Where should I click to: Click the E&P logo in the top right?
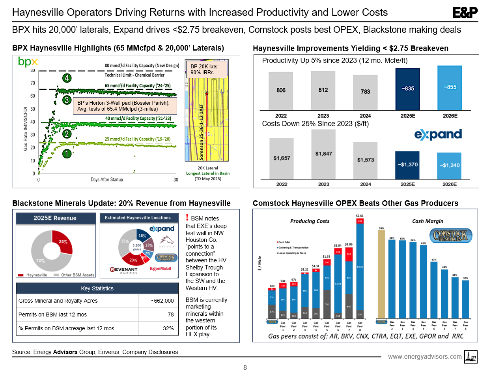tap(465, 13)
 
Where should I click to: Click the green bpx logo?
tap(28, 62)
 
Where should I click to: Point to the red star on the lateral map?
tap(206, 94)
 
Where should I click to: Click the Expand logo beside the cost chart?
tap(438, 134)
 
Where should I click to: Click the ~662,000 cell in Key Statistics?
tap(162, 301)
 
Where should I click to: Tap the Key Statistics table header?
tap(97, 288)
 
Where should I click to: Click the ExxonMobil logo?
tap(162, 269)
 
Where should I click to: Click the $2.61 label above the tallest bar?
tap(360, 216)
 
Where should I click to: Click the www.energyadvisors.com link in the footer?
tap(425, 357)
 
